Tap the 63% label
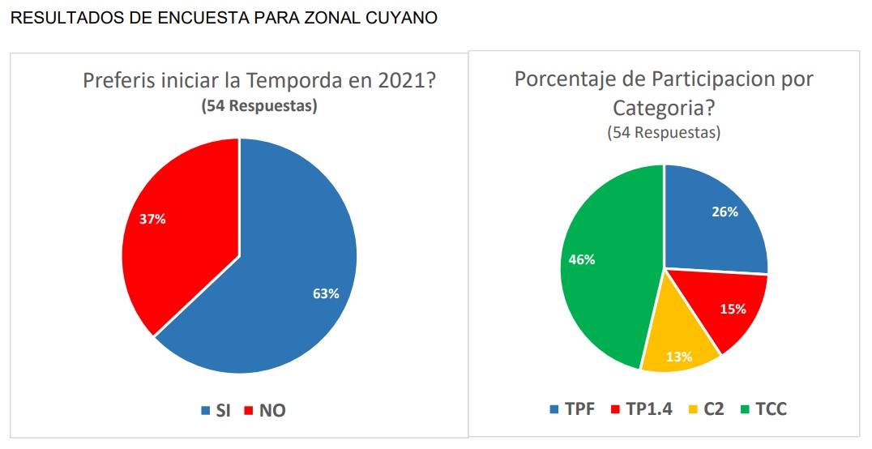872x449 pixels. pos(326,293)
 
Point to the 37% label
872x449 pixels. pos(152,220)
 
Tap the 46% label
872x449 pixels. pos(582,260)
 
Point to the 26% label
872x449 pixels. pos(725,212)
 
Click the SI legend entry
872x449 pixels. pos(216,410)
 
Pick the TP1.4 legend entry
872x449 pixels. pos(640,408)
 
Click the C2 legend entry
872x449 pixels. pos(706,408)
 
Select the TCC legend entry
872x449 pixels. pos(762,408)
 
